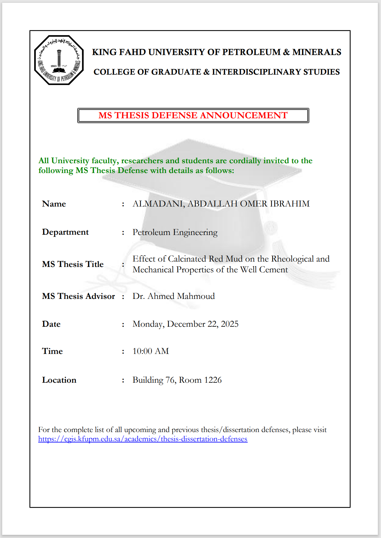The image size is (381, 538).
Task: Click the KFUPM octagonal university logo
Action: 59,60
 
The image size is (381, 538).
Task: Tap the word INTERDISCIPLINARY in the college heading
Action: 256,72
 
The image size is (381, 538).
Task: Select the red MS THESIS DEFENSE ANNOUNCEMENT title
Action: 193,115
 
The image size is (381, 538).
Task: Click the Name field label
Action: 54,204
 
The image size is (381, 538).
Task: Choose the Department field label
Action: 65,232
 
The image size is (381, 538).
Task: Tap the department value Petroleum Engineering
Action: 175,232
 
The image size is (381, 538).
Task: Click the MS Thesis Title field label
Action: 73,264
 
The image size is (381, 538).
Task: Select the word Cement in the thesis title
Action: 274,270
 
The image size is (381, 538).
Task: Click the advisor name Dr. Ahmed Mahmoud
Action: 173,296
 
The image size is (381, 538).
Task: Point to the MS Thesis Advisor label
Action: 78,296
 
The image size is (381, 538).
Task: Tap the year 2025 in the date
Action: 230,324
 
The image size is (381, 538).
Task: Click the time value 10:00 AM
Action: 151,351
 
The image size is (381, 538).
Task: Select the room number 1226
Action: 213,380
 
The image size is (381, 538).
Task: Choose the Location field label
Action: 59,380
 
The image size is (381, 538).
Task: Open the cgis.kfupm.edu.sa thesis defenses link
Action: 143,439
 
